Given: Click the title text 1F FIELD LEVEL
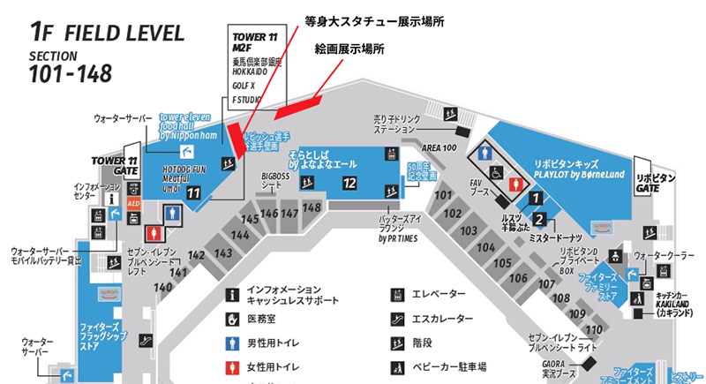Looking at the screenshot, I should (107, 34).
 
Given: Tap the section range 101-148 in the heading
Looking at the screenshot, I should (71, 74).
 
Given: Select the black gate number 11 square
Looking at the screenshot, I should (193, 192).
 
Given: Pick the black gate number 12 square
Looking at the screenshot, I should (349, 183).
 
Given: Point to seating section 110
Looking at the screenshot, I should (593, 329).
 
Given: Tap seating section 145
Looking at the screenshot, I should (250, 219).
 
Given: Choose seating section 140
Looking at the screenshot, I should (162, 287).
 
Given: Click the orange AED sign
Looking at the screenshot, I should (134, 203).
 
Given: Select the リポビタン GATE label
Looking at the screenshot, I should (656, 183).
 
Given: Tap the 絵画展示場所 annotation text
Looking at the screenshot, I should (349, 51).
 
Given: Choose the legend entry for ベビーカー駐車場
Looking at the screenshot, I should (452, 365).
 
